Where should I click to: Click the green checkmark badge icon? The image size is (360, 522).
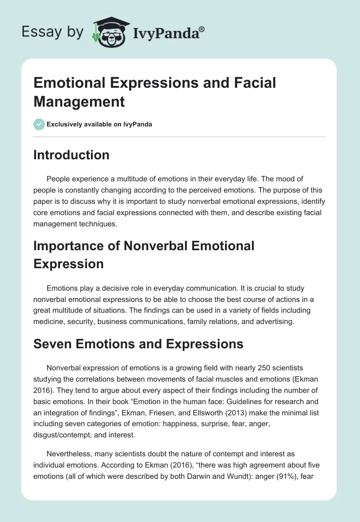pos(39,124)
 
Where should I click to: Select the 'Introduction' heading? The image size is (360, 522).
pos(72,155)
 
